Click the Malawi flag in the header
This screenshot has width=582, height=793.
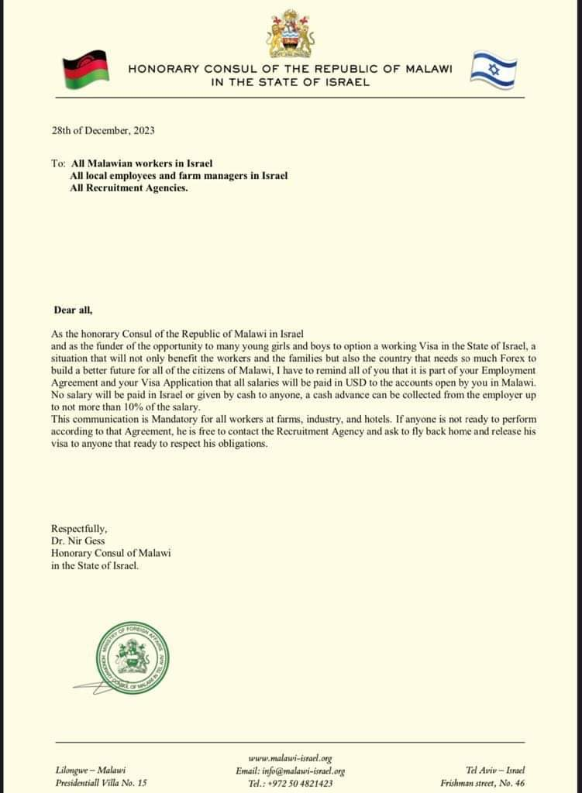[84, 67]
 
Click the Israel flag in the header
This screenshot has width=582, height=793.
[494, 67]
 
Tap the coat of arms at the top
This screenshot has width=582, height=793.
[290, 35]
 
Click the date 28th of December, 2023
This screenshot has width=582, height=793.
[102, 130]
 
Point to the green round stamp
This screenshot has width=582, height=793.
[129, 655]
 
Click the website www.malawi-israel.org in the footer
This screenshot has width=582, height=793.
[290, 758]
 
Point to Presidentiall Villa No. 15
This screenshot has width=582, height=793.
[101, 783]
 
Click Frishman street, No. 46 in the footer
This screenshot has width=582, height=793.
[483, 783]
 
